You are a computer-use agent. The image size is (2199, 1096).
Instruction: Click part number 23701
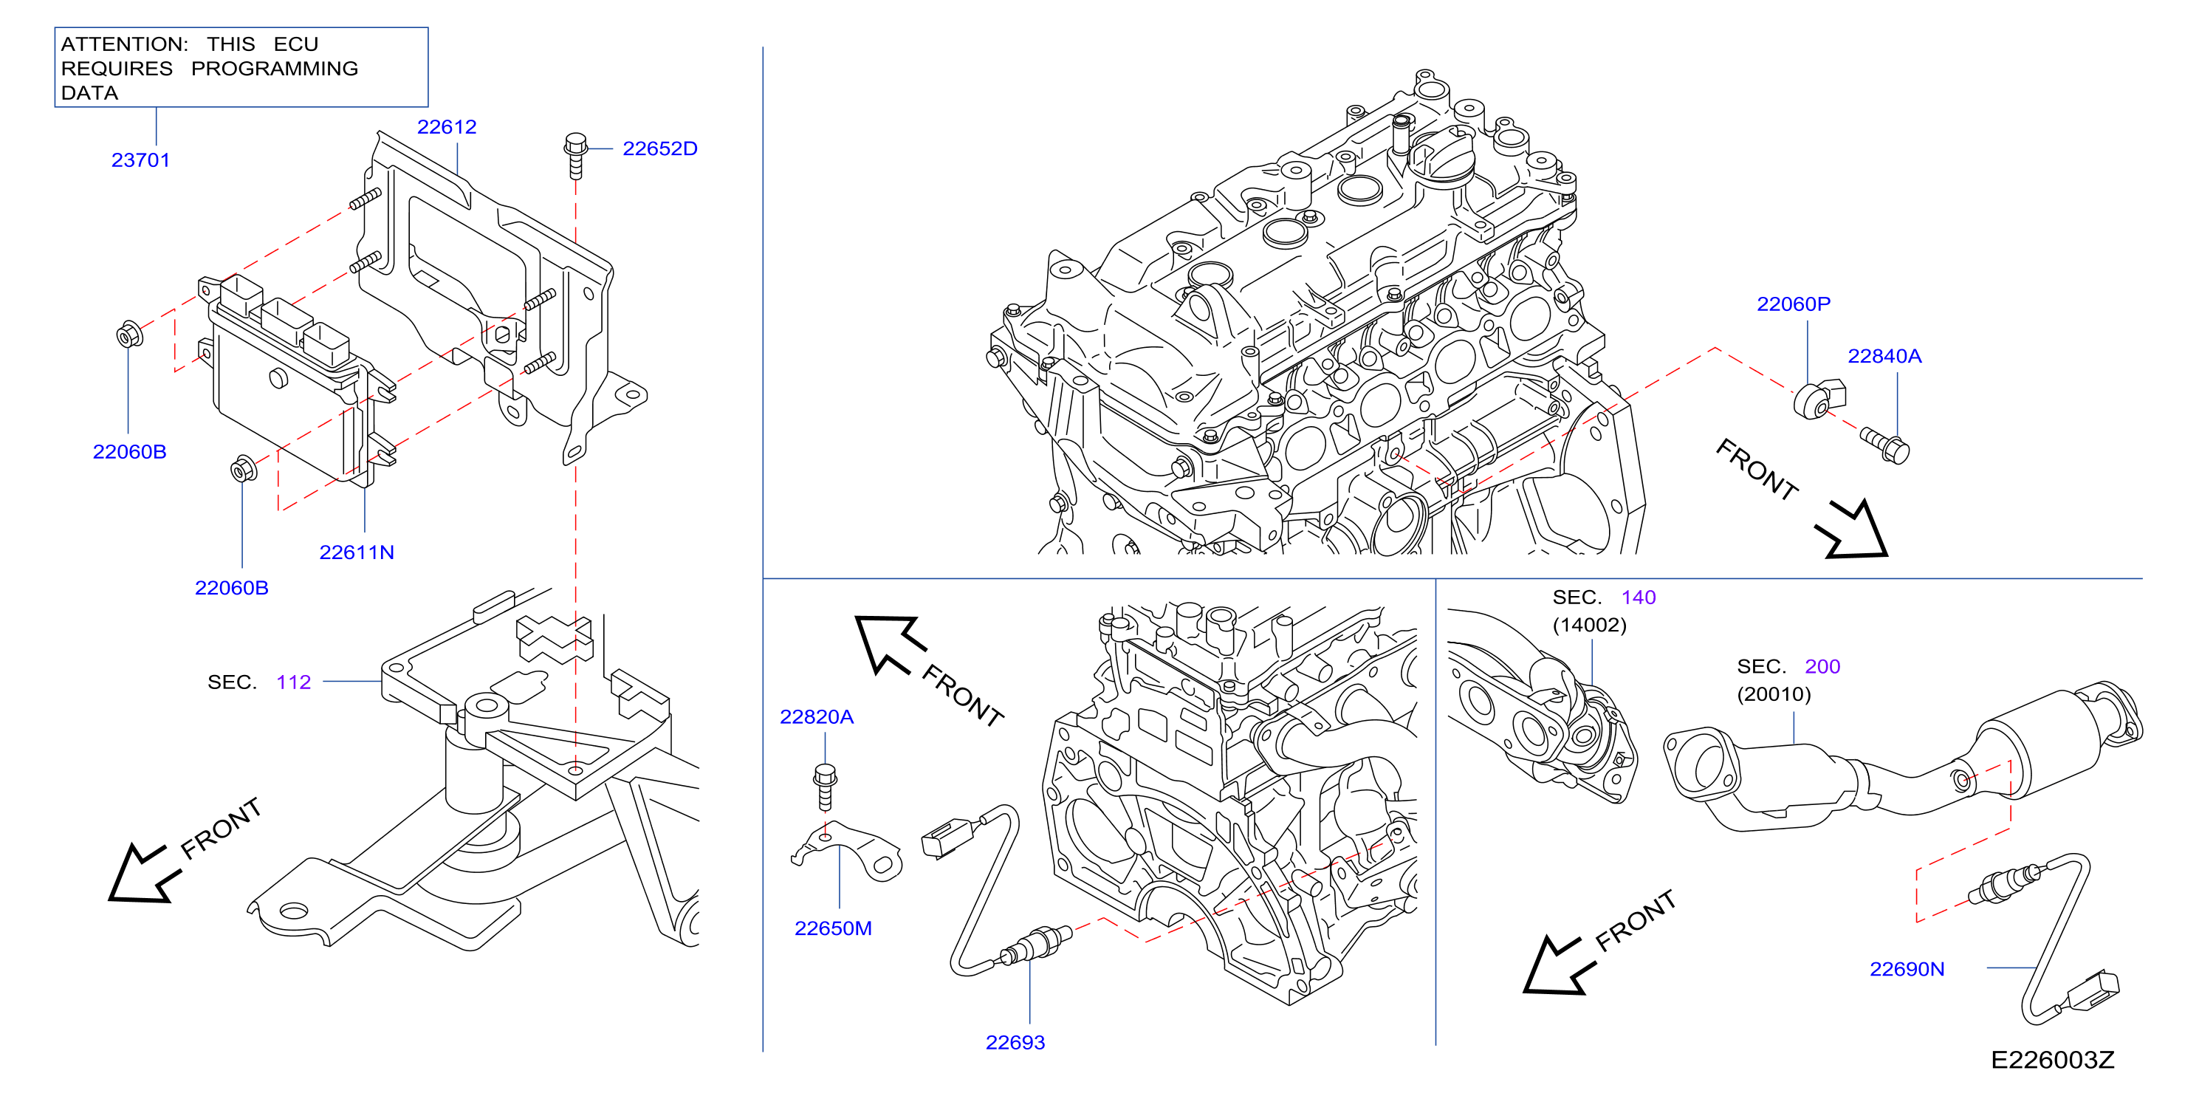[x=141, y=160]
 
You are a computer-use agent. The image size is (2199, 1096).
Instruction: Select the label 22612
[x=447, y=126]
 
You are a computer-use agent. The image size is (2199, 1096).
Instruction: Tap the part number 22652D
[x=660, y=148]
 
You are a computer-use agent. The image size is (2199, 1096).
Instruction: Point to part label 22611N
[x=357, y=552]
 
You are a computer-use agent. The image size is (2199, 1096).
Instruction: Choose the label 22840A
[x=1885, y=356]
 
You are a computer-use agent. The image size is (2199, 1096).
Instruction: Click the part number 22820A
[x=817, y=717]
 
